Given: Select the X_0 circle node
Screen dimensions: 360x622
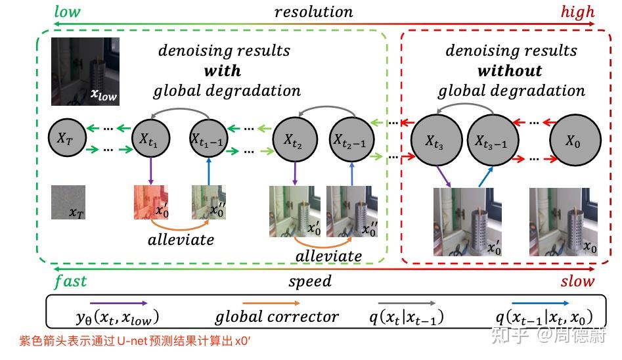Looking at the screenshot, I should click(x=574, y=141).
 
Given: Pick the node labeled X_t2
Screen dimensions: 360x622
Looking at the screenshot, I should click(x=294, y=139).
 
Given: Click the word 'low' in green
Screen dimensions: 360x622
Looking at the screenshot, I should click(x=68, y=11).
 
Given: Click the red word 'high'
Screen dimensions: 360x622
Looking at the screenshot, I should click(x=577, y=11).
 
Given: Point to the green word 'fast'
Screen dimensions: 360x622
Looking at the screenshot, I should click(x=70, y=281).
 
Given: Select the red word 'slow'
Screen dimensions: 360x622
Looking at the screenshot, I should click(x=577, y=281).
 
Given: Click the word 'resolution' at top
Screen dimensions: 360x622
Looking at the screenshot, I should click(x=313, y=12).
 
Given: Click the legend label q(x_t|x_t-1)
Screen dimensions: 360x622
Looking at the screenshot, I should click(x=405, y=318).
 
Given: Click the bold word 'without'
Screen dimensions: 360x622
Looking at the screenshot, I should click(x=510, y=70).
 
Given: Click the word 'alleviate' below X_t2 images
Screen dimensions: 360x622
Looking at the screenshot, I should click(x=328, y=256).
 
